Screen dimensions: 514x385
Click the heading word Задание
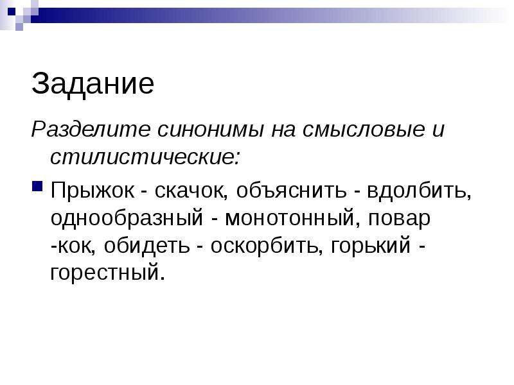(x=93, y=84)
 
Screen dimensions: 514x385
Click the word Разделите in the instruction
(x=91, y=130)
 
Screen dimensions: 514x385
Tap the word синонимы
(x=211, y=130)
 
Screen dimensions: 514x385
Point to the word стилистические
(x=145, y=157)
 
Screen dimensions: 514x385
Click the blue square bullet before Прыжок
(x=37, y=186)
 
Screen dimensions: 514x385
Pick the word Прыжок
(x=93, y=191)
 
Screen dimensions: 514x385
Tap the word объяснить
(x=292, y=190)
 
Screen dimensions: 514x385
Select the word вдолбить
(x=420, y=191)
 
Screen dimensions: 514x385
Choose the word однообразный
(x=127, y=218)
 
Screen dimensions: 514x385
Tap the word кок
(x=76, y=246)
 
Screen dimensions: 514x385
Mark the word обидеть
(x=147, y=246)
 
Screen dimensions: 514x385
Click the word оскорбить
(x=265, y=246)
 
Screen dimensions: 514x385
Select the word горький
(x=371, y=246)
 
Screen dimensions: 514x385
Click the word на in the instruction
(x=283, y=130)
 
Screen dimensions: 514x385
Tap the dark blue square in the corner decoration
(x=12, y=12)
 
